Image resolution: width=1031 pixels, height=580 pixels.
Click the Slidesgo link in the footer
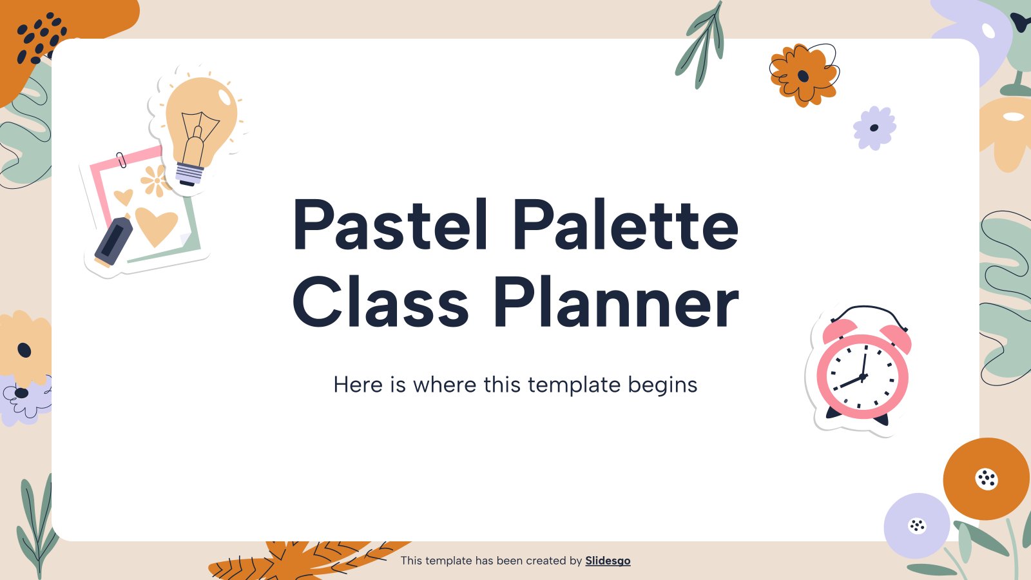[608, 561]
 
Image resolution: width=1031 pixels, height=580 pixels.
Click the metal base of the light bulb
[189, 175]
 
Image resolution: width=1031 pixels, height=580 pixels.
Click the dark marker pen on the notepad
[113, 242]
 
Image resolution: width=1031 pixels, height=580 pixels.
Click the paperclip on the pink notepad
[121, 160]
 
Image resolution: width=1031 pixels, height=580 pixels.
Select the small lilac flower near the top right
[874, 128]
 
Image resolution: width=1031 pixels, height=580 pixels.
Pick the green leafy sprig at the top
[700, 45]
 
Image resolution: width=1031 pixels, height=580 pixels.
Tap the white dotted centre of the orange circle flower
[987, 479]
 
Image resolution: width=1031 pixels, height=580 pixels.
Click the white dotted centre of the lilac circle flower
[917, 526]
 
